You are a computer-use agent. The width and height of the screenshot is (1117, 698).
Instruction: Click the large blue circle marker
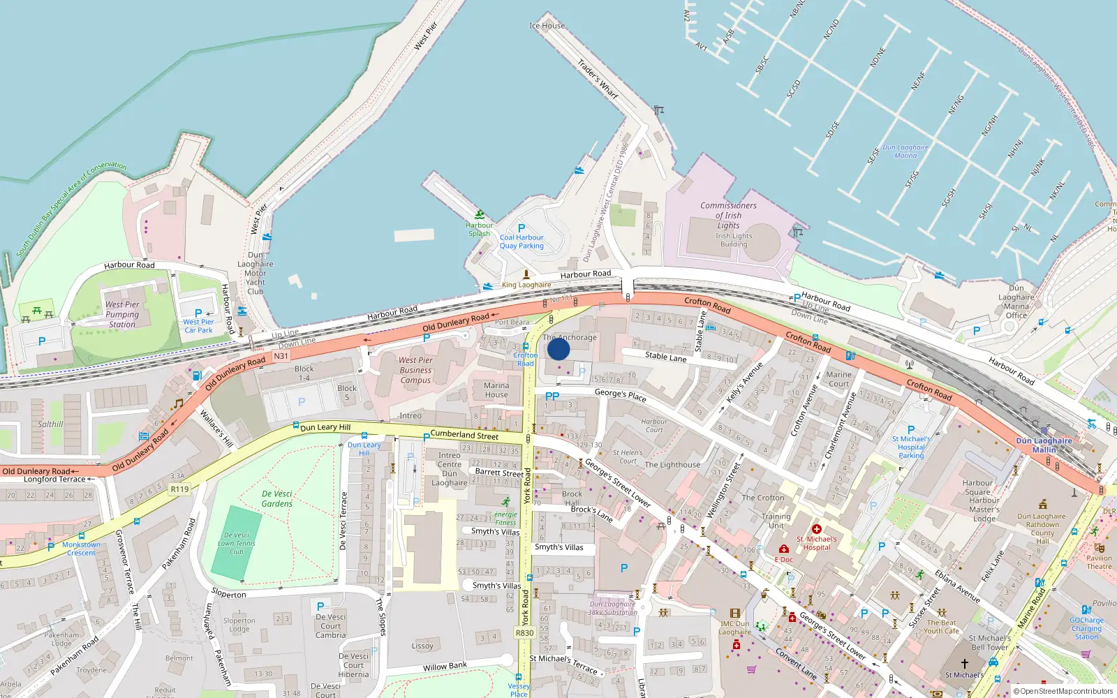558,349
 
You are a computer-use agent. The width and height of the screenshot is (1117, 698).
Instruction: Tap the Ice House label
547,26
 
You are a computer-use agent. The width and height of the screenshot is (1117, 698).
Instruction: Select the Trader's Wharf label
598,78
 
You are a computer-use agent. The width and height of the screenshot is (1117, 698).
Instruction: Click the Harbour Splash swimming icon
479,215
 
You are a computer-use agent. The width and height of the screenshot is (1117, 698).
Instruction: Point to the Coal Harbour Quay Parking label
521,241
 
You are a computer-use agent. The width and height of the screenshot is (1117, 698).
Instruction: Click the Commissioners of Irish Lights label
728,215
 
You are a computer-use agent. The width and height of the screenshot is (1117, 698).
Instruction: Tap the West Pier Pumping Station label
122,314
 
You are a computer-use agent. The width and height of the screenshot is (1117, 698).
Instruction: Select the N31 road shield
281,356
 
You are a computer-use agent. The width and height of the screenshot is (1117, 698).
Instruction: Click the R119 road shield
179,489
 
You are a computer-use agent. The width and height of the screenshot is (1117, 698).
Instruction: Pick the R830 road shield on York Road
524,633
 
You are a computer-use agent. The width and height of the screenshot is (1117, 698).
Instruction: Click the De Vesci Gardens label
277,498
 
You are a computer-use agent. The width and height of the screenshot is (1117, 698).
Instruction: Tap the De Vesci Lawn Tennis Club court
236,543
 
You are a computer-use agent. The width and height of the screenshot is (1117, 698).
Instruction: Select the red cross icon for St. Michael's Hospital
816,529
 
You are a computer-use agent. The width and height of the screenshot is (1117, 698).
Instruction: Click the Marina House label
496,389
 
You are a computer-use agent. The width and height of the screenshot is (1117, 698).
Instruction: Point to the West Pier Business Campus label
415,370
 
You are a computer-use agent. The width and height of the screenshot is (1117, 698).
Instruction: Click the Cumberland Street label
464,435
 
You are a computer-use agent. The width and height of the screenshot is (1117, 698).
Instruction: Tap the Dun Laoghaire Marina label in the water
905,151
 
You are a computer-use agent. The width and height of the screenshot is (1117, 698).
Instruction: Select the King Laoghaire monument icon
526,274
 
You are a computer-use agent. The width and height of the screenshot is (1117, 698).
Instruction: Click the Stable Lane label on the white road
665,357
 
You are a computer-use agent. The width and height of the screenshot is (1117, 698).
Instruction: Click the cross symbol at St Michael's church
965,663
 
